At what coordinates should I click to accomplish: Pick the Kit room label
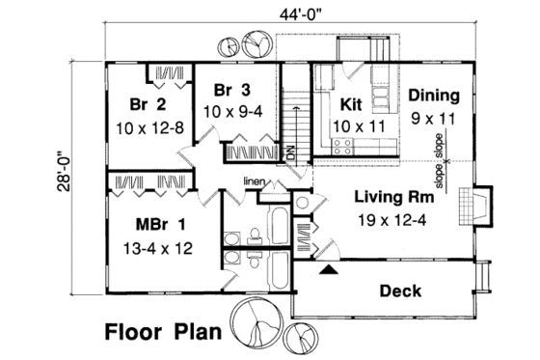[x=350, y=102]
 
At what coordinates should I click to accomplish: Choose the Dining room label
[x=433, y=96]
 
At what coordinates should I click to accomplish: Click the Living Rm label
[x=393, y=197]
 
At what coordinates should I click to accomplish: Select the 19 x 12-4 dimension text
[x=393, y=219]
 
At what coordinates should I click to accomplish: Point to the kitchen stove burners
[x=340, y=146]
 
